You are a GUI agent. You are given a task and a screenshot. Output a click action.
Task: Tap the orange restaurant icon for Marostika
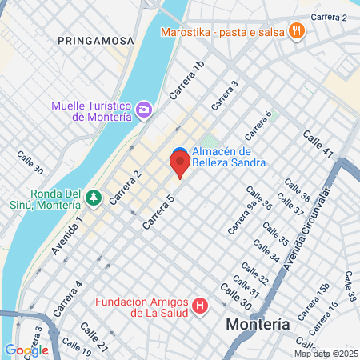click(x=297, y=32)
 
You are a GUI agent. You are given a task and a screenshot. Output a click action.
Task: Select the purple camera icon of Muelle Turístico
click(x=144, y=109)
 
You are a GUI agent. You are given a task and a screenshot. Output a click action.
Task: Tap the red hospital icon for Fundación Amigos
click(x=200, y=306)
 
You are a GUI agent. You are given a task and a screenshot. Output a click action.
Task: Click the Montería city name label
click(x=258, y=325)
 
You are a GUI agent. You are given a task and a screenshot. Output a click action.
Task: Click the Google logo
click(x=26, y=350)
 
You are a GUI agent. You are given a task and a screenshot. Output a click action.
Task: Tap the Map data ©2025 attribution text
click(x=326, y=354)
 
